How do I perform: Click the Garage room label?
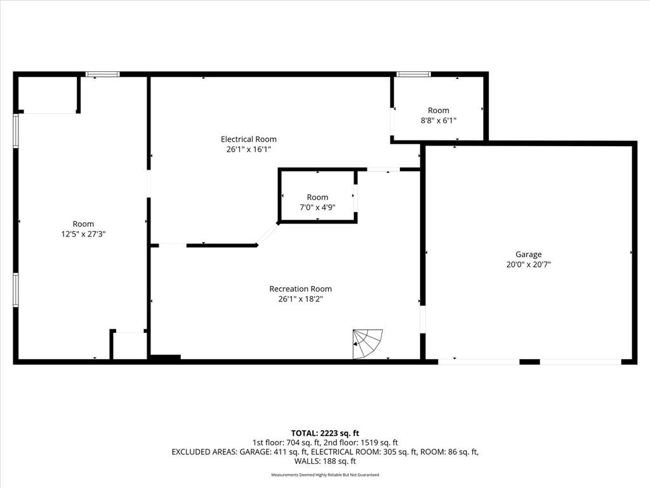click(x=529, y=254)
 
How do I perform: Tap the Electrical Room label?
click(x=248, y=139)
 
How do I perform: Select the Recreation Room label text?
click(x=300, y=289)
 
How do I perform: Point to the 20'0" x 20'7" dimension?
click(x=529, y=264)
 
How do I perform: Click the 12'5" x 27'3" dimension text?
click(x=83, y=234)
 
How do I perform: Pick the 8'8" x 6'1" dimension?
click(x=439, y=120)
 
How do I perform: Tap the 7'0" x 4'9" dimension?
click(x=317, y=207)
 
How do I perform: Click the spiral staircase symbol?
click(x=368, y=344)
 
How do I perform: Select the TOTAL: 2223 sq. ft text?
click(x=325, y=433)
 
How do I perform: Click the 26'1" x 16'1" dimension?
click(x=248, y=149)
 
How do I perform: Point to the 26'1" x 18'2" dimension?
click(x=300, y=299)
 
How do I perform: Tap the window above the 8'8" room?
click(x=414, y=74)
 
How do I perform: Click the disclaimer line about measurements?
click(x=325, y=475)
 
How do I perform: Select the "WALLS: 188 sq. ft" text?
click(x=325, y=461)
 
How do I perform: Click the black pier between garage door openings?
click(x=529, y=362)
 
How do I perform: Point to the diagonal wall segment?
click(x=267, y=234)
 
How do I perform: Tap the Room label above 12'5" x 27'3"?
click(x=83, y=224)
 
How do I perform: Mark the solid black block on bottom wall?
click(x=165, y=357)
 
